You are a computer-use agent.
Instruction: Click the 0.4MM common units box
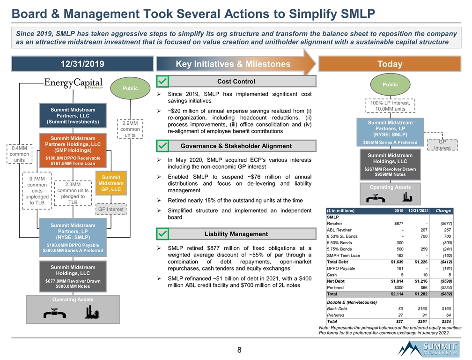pos(18,154)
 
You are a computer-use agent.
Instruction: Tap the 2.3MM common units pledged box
pos(73,193)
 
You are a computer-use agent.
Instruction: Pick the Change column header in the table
pos(443,210)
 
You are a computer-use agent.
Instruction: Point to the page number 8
pos(239,350)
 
